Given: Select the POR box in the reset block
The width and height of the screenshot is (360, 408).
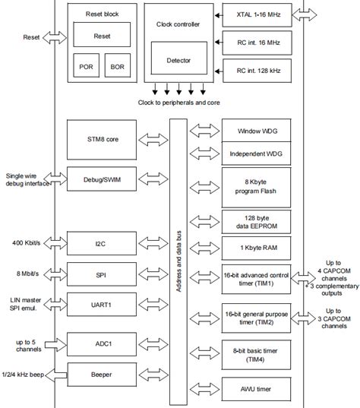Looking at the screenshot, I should (85, 65).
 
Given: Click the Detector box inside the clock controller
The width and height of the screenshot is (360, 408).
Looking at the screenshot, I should (178, 60).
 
